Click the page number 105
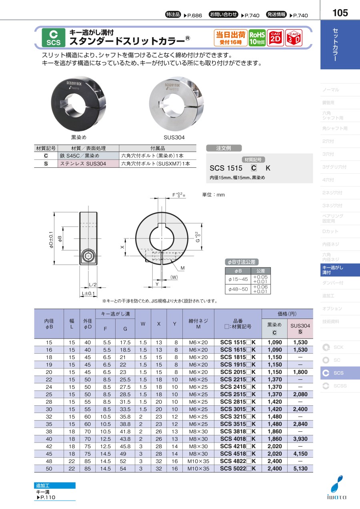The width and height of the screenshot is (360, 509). click(340, 13)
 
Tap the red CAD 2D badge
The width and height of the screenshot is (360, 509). click(275, 38)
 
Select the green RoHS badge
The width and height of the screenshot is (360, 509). click(257, 38)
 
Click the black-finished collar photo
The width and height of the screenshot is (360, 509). click(78, 104)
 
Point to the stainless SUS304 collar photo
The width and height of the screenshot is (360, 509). click(176, 104)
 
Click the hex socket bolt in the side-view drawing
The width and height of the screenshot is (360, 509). click(88, 256)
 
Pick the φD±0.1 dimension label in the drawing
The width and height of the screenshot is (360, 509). click(51, 240)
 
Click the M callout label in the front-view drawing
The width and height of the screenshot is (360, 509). click(182, 268)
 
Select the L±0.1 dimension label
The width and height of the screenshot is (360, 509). click(88, 293)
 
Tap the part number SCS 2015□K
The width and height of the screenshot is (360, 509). click(238, 372)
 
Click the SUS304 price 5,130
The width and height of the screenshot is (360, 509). click(300, 469)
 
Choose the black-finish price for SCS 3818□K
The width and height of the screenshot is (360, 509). click(274, 431)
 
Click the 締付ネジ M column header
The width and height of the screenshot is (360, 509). click(198, 324)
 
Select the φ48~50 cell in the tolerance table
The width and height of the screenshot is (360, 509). click(238, 289)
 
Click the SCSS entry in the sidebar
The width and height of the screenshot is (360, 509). click(340, 386)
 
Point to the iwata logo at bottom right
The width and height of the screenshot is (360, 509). click(337, 490)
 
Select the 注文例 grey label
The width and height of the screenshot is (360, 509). click(224, 148)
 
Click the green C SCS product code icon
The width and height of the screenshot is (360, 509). click(54, 38)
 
